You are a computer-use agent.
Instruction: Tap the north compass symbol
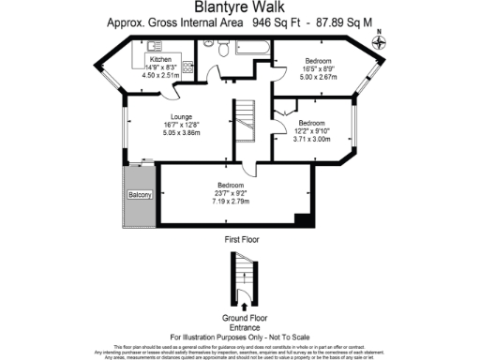[379, 38]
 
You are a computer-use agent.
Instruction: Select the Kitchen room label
[160, 58]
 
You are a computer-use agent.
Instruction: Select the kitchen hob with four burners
[187, 67]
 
